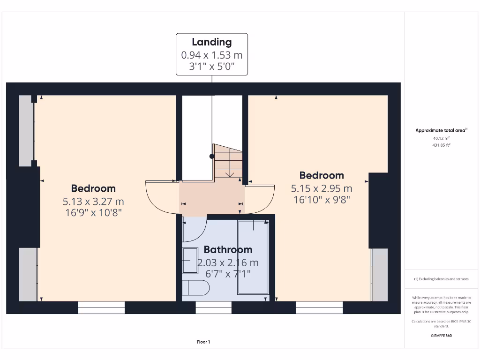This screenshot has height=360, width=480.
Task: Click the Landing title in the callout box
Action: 212,42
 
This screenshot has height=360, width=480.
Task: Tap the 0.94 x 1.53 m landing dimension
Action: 212,55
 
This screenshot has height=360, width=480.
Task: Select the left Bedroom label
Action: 93,188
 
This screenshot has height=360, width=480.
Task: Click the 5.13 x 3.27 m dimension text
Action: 93,202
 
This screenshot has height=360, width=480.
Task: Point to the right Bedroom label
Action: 322,175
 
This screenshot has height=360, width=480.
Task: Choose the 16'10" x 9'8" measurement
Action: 322,199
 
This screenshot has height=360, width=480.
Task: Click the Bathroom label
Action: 228,249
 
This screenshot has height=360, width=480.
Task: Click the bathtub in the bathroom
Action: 253,257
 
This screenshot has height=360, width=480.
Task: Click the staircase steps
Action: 229,162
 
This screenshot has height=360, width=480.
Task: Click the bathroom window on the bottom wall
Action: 213,307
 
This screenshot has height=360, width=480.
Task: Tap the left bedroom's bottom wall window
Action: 101,307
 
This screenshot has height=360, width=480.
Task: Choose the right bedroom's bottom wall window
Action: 320,307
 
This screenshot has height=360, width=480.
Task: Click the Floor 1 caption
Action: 203,342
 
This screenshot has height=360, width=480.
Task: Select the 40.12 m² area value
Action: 441,138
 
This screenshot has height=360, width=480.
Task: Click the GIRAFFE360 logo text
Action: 441,336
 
